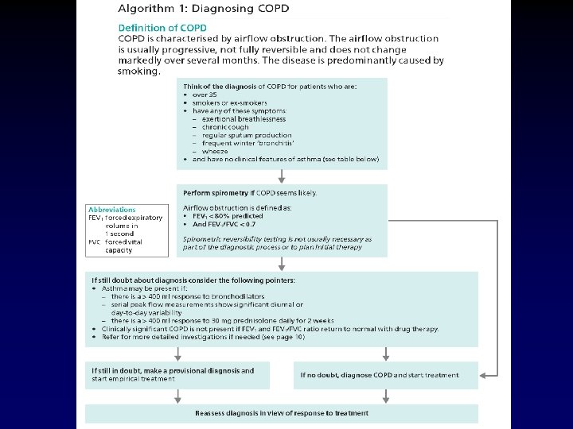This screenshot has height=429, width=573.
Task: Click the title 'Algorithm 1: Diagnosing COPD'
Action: pyautogui.click(x=204, y=10)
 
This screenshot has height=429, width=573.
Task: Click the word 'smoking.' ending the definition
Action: pyautogui.click(x=139, y=70)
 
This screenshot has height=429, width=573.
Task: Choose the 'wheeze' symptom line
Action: pyautogui.click(x=215, y=151)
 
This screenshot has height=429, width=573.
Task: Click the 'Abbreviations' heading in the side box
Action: pyautogui.click(x=111, y=210)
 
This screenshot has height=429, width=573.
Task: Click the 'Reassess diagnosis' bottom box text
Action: pyautogui.click(x=282, y=413)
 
